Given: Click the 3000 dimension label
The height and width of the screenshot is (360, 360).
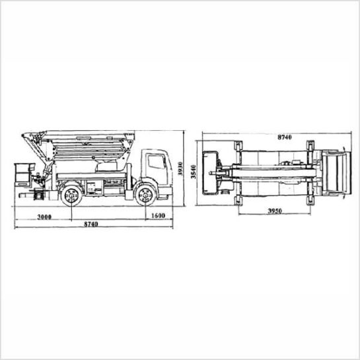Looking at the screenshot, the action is (x=44, y=217).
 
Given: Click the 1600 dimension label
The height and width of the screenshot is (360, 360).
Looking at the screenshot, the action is (x=159, y=215).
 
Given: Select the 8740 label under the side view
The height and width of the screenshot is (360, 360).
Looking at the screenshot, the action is (x=90, y=224).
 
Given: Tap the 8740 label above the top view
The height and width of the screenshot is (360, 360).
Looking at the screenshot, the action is (x=285, y=137).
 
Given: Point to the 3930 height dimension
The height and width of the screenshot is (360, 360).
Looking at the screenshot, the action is (x=180, y=168).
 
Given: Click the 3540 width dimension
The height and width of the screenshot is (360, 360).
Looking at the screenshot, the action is (x=194, y=172).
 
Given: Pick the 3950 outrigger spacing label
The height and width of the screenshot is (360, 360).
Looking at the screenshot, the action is (x=275, y=211).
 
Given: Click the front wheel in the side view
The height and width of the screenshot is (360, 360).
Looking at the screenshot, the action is (x=145, y=196).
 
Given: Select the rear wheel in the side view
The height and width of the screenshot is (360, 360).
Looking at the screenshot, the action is (x=71, y=196).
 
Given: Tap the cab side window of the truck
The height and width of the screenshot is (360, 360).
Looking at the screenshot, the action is (x=157, y=162).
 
